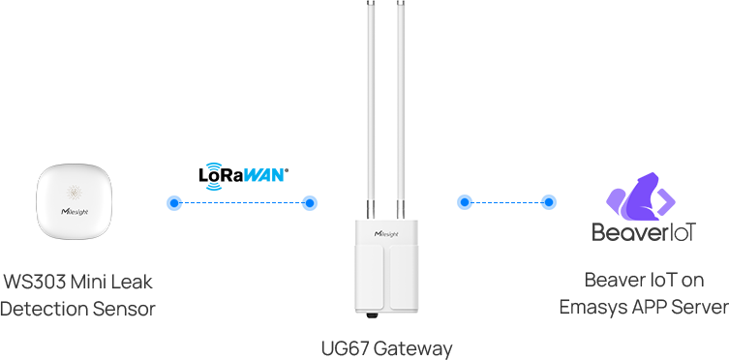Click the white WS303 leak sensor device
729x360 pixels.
(x=74, y=199)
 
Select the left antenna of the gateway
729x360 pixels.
(x=370, y=106)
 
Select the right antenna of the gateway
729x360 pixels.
(x=399, y=106)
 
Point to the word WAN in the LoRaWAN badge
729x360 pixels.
(x=263, y=176)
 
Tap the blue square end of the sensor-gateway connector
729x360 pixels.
(x=174, y=203)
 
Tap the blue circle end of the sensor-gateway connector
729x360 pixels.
(x=310, y=203)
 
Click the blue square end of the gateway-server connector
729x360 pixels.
(x=464, y=202)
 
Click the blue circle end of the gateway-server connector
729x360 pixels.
(x=549, y=202)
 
